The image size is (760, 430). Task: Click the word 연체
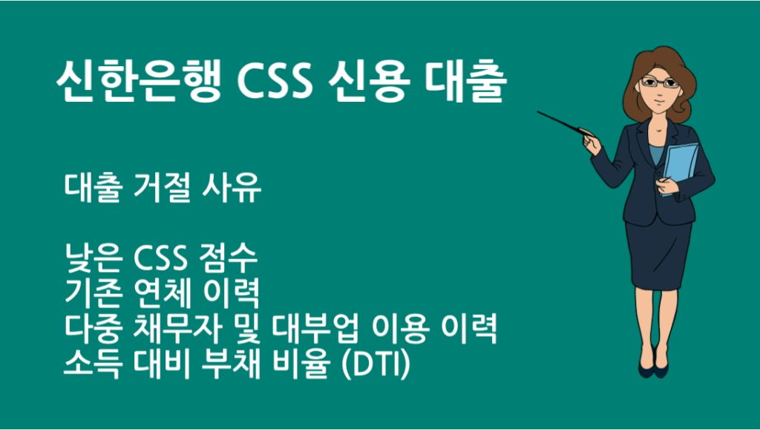pyautogui.click(x=164, y=295)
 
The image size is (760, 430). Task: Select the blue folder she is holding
pyautogui.click(x=679, y=167)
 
